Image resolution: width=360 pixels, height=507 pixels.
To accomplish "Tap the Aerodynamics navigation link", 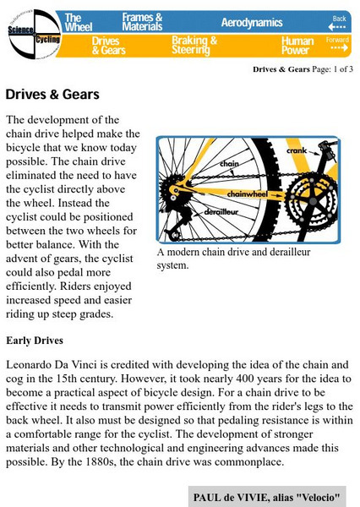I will pyautogui.click(x=253, y=21).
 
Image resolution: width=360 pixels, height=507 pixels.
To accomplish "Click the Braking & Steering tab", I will pyautogui.click(x=194, y=45).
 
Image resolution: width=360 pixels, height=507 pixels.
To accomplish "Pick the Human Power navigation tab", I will pyautogui.click(x=298, y=45).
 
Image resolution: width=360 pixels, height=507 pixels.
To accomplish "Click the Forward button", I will pyautogui.click(x=338, y=44).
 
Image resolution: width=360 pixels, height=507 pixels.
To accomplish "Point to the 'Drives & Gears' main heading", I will pyautogui.click(x=52, y=94).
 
